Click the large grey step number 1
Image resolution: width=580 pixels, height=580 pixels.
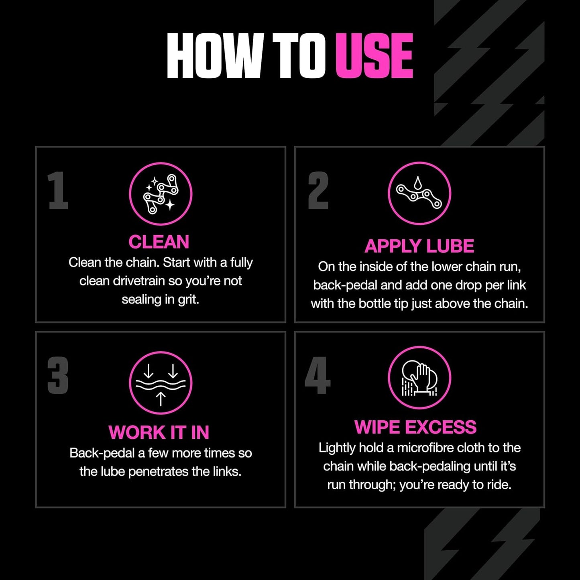click(x=58, y=190)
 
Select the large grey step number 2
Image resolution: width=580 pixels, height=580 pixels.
click(x=318, y=190)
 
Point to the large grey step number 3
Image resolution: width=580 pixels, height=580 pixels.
click(x=58, y=376)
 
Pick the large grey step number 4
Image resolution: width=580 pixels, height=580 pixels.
click(x=317, y=376)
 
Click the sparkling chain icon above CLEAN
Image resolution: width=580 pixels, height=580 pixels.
click(x=161, y=194)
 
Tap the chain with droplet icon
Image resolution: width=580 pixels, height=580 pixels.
click(x=419, y=193)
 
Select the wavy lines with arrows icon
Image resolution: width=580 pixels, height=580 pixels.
click(x=161, y=383)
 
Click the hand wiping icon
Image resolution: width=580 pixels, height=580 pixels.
click(x=419, y=378)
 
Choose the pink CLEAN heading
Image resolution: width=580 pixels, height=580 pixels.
click(x=159, y=242)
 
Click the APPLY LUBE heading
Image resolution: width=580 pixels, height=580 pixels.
click(x=419, y=246)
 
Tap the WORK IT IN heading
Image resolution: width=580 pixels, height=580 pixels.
click(x=159, y=432)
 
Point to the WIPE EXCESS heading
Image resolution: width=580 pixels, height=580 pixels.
click(x=415, y=427)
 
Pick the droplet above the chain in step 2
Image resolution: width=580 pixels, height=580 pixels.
click(x=418, y=182)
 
